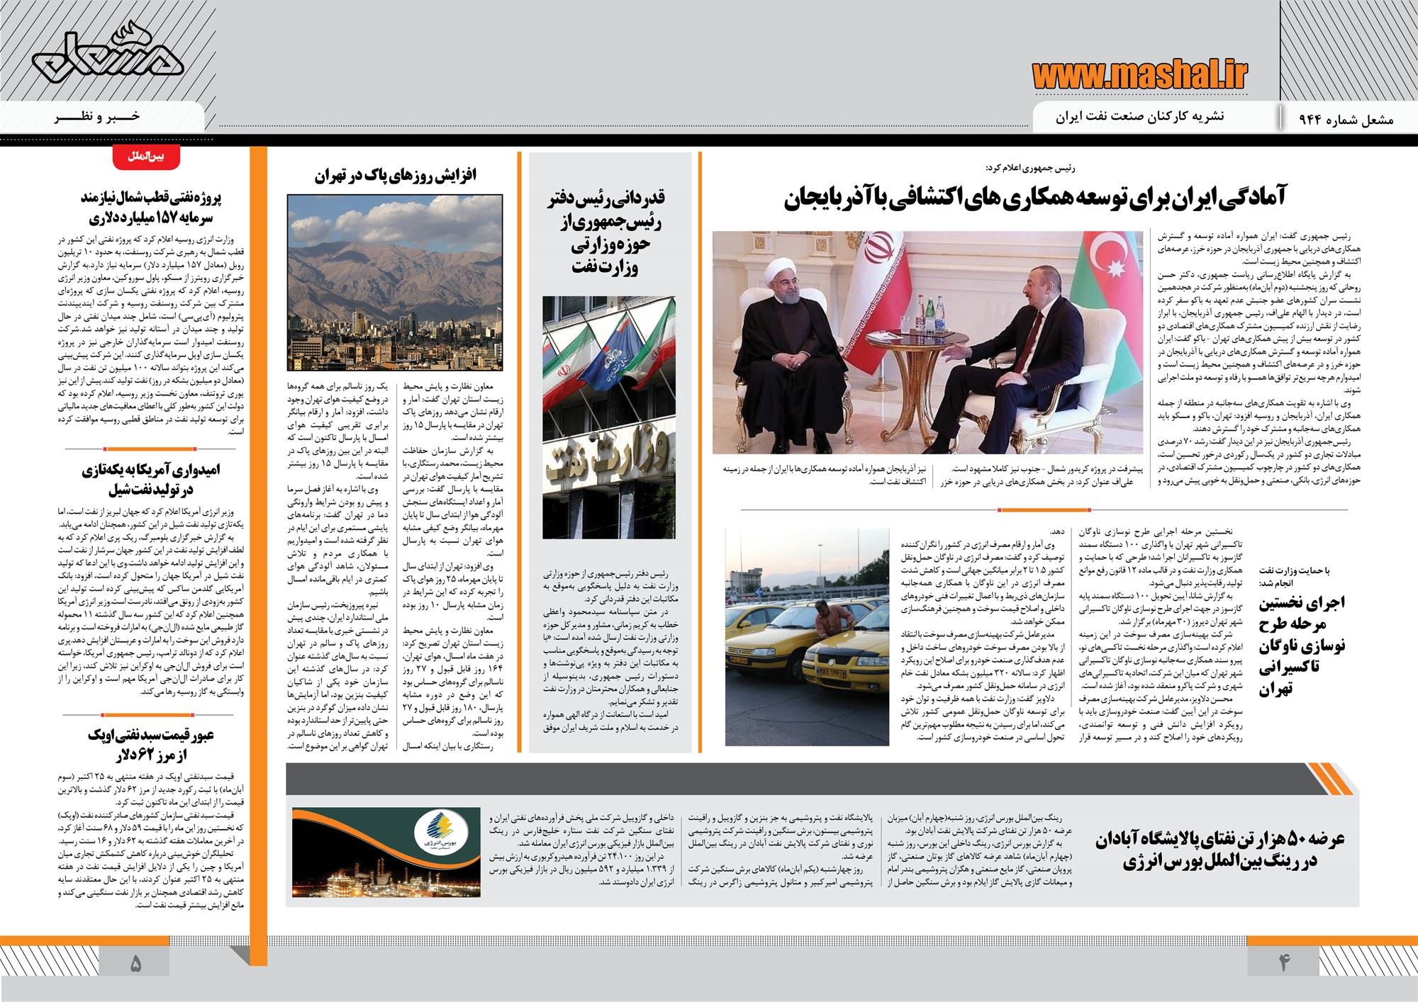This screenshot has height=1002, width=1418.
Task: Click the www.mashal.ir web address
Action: (x=1139, y=74)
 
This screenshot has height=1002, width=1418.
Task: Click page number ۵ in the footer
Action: (x=135, y=964)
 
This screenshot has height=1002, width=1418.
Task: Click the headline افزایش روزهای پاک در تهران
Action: (x=395, y=176)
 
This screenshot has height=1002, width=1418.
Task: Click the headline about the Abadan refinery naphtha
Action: (x=1222, y=850)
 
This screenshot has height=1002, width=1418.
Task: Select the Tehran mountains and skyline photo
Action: (x=395, y=283)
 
